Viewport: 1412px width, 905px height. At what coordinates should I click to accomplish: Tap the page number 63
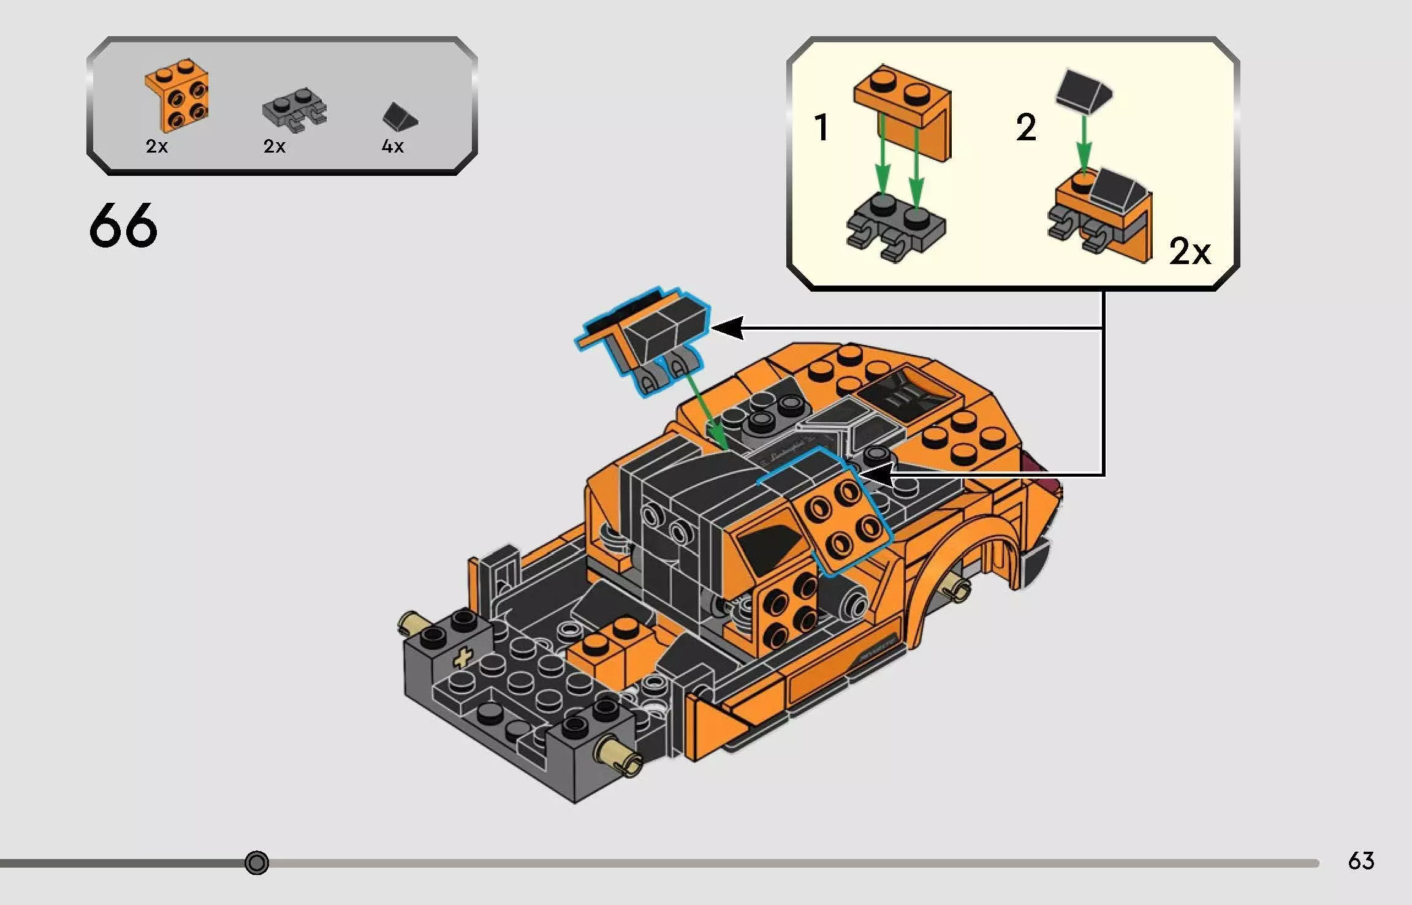point(1361,861)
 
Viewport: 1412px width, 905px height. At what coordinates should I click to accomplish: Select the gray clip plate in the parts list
point(294,109)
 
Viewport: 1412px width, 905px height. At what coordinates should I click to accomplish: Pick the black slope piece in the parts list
point(399,116)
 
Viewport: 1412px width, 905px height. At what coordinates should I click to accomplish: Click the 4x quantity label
point(392,146)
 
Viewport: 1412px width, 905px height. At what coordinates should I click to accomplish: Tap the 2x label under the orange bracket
point(157,146)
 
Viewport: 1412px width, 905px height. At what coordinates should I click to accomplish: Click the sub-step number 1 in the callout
point(821,127)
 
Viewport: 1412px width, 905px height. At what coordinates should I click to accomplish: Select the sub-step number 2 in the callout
point(1026,127)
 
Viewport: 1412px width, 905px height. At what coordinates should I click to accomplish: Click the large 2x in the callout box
point(1190,251)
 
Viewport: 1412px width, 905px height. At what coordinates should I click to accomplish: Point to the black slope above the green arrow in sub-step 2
point(1083,92)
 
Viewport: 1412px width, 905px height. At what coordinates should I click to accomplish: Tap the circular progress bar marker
point(256,863)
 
